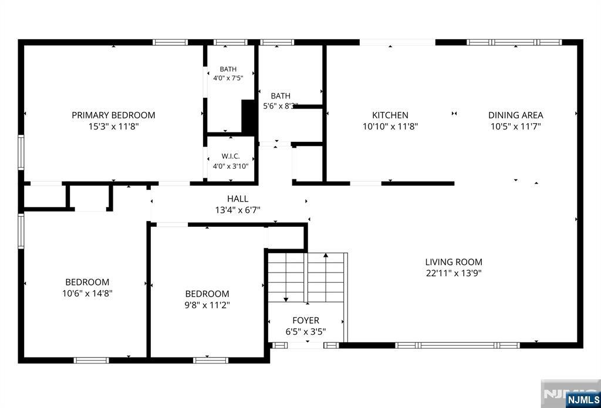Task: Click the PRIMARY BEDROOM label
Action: click(113, 115)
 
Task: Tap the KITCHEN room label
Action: click(390, 115)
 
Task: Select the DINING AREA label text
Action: click(515, 115)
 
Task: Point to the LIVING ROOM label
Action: click(454, 262)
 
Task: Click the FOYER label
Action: click(306, 320)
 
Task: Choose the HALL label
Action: click(238, 199)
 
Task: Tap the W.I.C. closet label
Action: click(231, 156)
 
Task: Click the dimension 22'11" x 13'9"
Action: click(454, 273)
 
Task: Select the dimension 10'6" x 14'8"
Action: click(87, 294)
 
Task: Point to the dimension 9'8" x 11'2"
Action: click(207, 305)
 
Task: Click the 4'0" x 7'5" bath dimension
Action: click(228, 78)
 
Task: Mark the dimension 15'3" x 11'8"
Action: click(113, 126)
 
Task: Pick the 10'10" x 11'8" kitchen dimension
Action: click(390, 126)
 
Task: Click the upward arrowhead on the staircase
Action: click(326, 255)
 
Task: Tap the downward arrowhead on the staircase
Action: click(286, 300)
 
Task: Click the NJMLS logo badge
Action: click(583, 400)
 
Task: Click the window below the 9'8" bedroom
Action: click(211, 360)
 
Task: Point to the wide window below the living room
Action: click(457, 345)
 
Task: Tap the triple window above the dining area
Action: click(514, 42)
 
